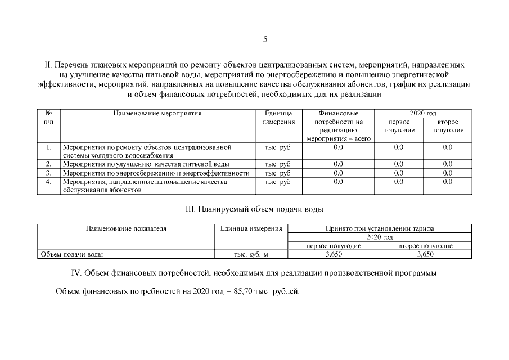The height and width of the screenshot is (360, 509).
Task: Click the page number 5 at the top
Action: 265,39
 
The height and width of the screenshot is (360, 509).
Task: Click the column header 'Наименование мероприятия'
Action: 157,114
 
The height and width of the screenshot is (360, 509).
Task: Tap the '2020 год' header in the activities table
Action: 423,114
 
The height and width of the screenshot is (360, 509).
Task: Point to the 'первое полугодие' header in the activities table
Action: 398,126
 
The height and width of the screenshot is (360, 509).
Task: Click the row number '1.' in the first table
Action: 48,147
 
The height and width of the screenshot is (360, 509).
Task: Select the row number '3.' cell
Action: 48,173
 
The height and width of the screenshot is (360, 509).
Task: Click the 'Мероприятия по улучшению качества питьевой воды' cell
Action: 146,164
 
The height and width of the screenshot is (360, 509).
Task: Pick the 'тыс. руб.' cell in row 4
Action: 278,182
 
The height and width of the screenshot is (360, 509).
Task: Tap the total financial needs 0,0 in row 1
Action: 338,147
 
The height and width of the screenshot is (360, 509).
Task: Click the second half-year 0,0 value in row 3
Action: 448,173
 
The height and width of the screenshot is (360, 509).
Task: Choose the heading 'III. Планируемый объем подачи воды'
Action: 254,209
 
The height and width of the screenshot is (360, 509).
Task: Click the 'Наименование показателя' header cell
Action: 126,229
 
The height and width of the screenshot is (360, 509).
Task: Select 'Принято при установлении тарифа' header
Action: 380,229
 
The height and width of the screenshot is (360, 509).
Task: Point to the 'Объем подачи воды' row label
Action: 71,254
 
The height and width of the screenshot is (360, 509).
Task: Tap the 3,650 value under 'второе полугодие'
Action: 425,254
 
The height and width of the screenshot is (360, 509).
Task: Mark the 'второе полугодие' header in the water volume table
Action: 425,246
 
